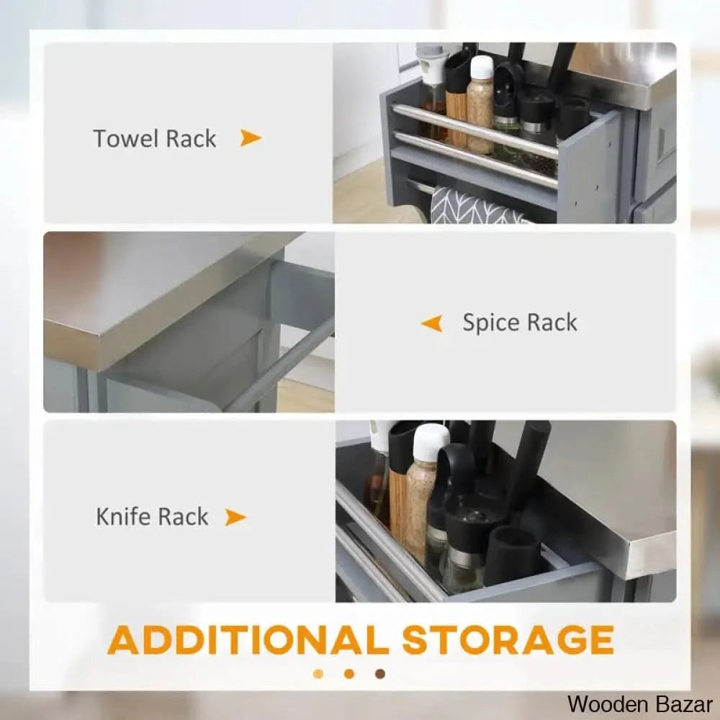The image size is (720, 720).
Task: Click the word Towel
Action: (x=126, y=138)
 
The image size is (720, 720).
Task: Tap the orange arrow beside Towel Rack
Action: (x=251, y=138)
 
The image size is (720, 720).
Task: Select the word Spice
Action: (x=490, y=323)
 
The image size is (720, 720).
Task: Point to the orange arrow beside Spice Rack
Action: (x=432, y=323)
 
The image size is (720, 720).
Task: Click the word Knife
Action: (x=123, y=516)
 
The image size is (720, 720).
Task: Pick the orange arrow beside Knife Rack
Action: (x=235, y=517)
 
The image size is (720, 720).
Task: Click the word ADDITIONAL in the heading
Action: (x=248, y=640)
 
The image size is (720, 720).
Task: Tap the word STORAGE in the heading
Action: (x=508, y=639)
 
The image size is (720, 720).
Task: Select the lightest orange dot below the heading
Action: (x=318, y=674)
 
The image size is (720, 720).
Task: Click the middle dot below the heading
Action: (x=349, y=674)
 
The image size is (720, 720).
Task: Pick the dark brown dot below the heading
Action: (x=379, y=674)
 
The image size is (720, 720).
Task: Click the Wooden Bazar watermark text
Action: (x=639, y=704)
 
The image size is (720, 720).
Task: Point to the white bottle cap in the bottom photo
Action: (x=431, y=440)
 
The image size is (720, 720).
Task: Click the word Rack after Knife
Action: (x=184, y=516)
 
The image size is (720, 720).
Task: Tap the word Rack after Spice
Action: (x=552, y=323)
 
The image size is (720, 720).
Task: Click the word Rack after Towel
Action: (x=191, y=138)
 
